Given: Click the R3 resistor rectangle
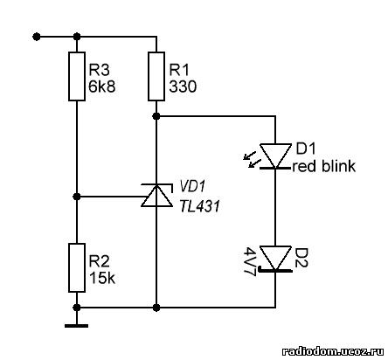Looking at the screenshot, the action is tap(77, 76).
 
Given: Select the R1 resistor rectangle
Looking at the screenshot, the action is tap(156, 76).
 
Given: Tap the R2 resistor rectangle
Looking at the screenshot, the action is tap(77, 267).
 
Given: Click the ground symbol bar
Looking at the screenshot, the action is tap(76, 326).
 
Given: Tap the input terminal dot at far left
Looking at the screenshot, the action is tap(37, 37).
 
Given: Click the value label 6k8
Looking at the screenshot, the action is tap(102, 87).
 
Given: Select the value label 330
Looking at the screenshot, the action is tap(183, 87).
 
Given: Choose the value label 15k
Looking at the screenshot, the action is tap(102, 278).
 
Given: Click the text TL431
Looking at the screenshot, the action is tap(199, 206).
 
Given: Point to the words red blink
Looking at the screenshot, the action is tap(324, 166).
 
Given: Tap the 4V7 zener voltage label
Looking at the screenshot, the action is tap(251, 261).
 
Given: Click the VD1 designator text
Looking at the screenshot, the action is tap(192, 186).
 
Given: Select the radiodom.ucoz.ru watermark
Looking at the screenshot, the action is tap(333, 351).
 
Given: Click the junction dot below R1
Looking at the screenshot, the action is tap(156, 116).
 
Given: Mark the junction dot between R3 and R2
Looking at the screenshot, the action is tap(77, 197).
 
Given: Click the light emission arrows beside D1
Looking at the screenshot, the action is tap(251, 161).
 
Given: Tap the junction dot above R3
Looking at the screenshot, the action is tap(77, 37).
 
